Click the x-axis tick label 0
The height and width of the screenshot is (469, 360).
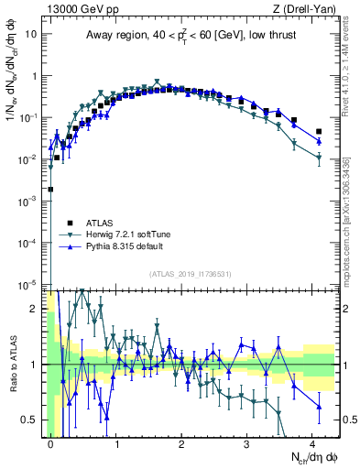[50, 442]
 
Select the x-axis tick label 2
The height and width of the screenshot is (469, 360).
[181, 442]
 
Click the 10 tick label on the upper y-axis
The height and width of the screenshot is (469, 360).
[30, 34]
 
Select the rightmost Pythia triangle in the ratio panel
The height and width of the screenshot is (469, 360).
[319, 407]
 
